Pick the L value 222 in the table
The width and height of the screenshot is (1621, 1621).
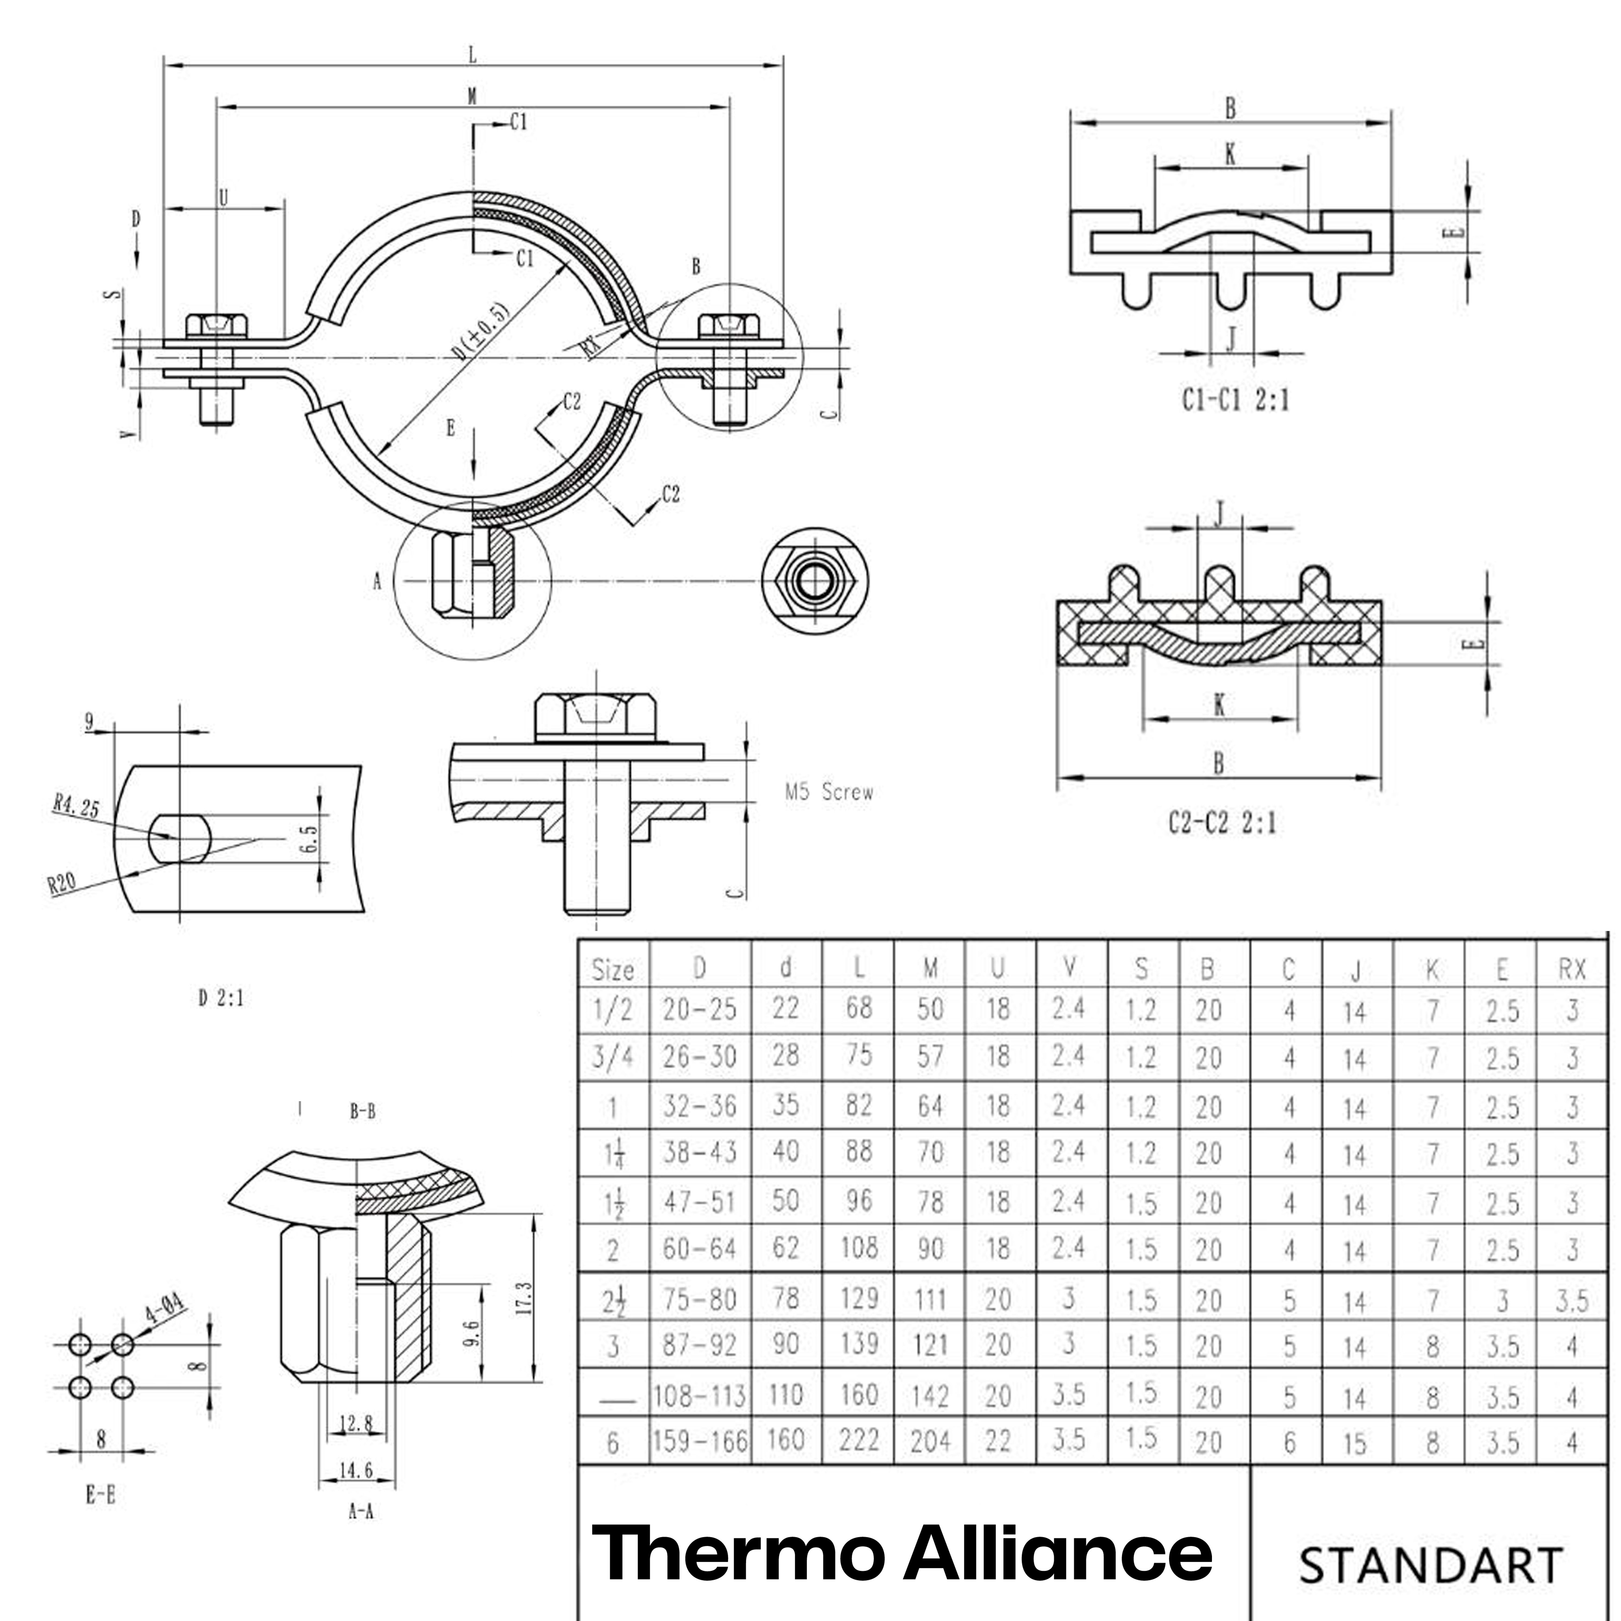[858, 1440]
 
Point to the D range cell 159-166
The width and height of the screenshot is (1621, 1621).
[700, 1441]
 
